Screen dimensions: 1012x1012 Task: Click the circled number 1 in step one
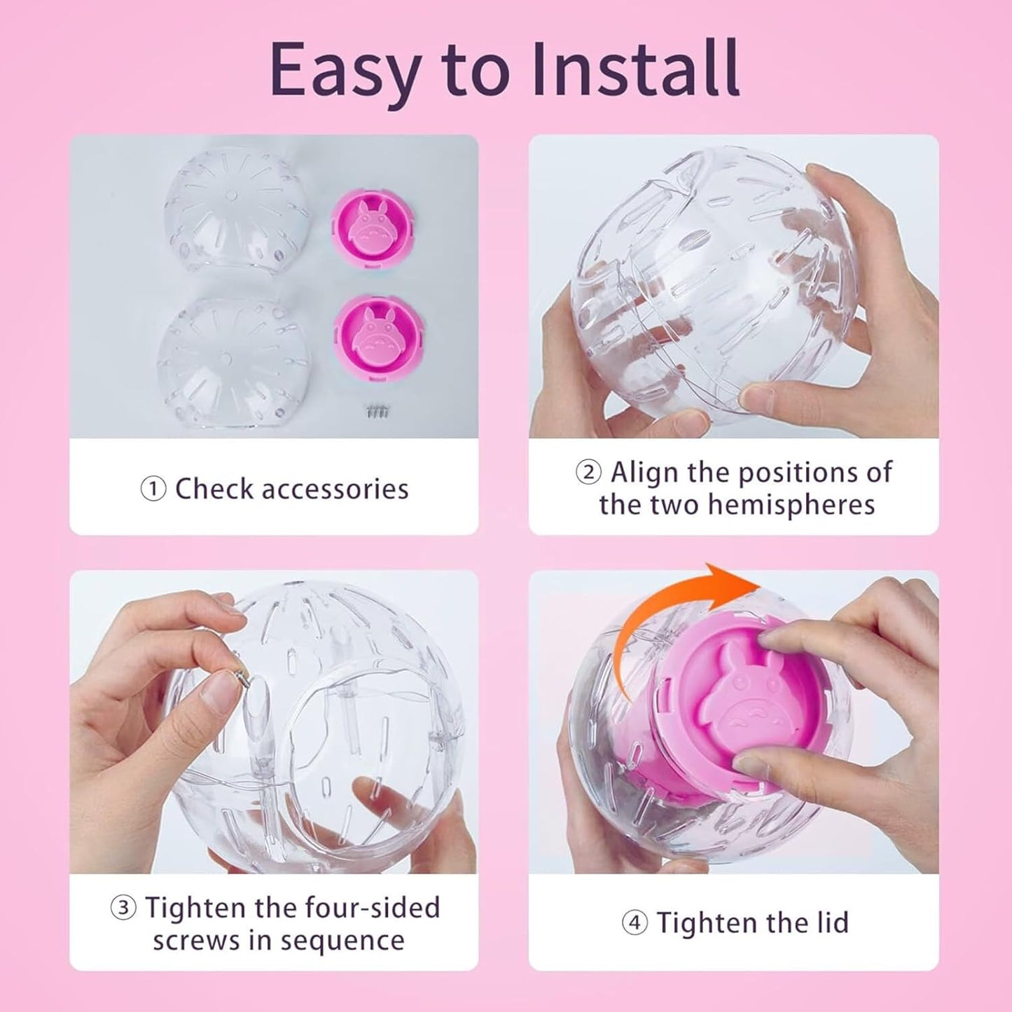click(153, 490)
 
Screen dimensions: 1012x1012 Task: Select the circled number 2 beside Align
click(588, 473)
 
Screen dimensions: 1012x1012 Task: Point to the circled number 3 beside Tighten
click(123, 908)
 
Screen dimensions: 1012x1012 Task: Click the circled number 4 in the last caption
click(635, 923)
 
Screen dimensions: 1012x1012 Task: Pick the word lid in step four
click(831, 923)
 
